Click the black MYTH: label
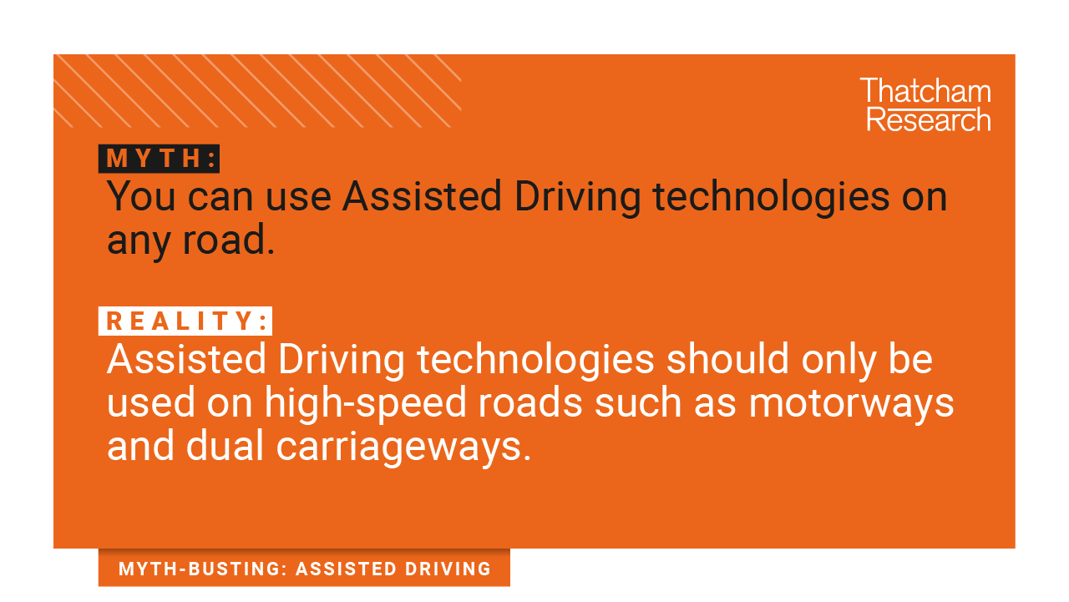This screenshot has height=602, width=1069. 159,159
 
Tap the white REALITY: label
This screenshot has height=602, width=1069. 185,321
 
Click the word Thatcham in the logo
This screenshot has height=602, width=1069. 925,91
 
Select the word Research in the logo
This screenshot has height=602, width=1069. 929,119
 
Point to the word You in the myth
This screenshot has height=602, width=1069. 141,196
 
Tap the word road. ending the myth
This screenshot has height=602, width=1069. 229,240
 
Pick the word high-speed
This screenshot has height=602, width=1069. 365,403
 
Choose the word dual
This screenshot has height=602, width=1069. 225,446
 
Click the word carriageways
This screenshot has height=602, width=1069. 403,448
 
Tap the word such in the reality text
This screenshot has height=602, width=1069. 638,402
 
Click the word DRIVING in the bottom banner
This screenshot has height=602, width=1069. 448,569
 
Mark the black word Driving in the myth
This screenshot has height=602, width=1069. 577,198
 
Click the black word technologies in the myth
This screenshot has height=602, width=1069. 771,198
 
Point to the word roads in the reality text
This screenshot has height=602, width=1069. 530,402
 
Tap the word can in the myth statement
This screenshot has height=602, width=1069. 220,199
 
